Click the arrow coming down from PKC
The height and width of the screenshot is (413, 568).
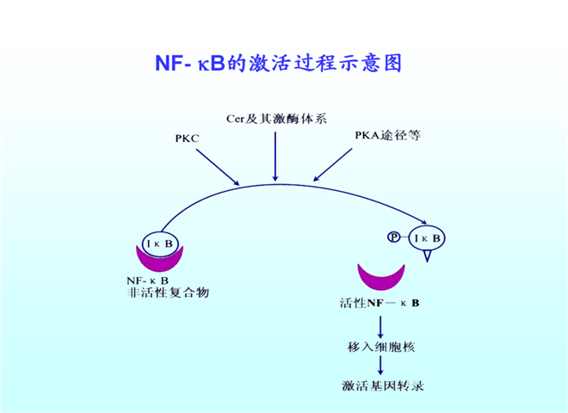coord(217,166)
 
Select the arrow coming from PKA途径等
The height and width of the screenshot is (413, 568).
coord(336,164)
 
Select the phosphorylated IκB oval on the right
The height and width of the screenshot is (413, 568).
coord(425,238)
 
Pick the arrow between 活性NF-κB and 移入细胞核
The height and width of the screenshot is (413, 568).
coord(380,324)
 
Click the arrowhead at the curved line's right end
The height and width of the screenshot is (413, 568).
coord(428,221)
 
